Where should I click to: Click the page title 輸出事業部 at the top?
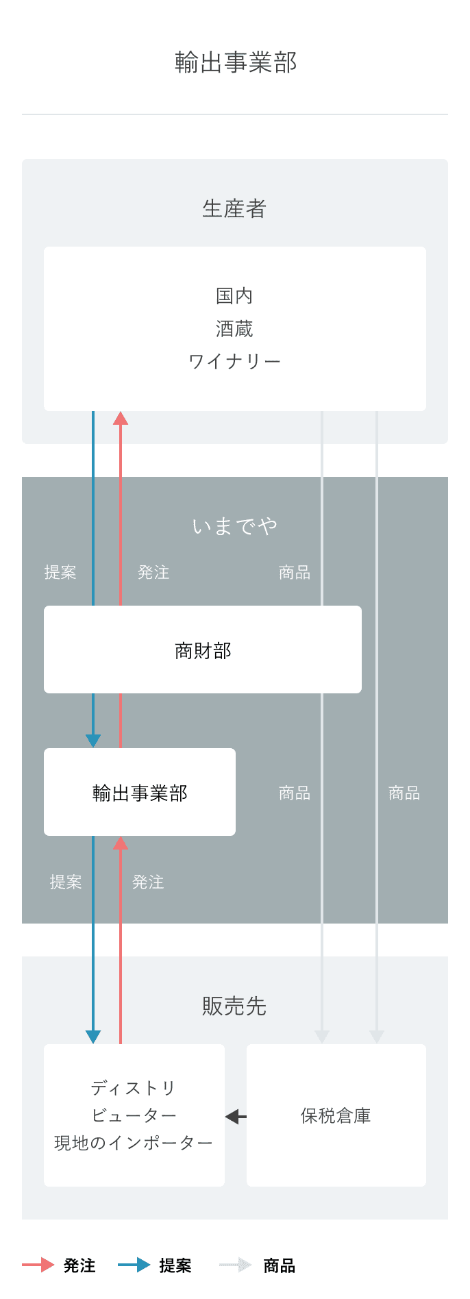(x=235, y=62)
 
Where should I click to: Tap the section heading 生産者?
(x=234, y=209)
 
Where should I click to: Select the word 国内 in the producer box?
(x=234, y=296)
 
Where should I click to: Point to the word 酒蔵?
(x=234, y=329)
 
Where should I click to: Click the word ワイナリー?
(x=234, y=361)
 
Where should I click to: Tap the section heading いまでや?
(x=234, y=526)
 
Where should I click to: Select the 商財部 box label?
(x=203, y=650)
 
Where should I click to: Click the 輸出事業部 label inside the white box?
(x=140, y=793)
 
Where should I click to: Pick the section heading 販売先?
(x=234, y=1006)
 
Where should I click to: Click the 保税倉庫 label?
(x=336, y=1116)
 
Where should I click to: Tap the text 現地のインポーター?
(x=134, y=1143)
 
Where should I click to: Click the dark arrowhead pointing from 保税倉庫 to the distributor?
(x=233, y=1117)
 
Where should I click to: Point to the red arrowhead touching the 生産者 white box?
(x=121, y=419)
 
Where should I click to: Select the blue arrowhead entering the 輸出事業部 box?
(x=93, y=741)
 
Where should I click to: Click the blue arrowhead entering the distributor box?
(x=93, y=1037)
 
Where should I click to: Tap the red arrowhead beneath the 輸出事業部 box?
(x=121, y=843)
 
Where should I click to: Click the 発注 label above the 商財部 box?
(x=153, y=573)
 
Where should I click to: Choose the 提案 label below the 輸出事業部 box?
(x=66, y=882)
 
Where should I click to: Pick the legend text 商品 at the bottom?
(x=280, y=1265)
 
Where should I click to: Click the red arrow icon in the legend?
(x=38, y=1265)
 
